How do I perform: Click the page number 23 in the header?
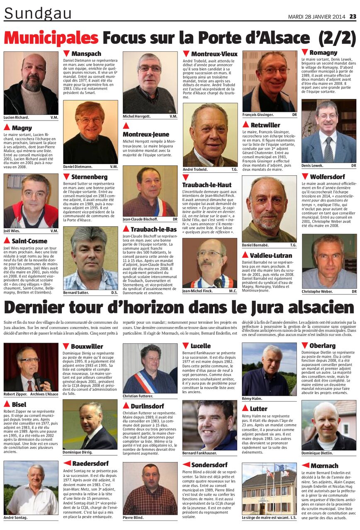(x=352, y=17)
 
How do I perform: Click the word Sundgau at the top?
(x=38, y=13)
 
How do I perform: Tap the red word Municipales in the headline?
(x=51, y=39)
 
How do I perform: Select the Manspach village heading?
(x=86, y=54)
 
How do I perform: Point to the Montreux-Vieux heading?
(x=214, y=54)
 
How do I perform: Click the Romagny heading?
(x=323, y=53)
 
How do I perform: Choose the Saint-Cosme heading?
(x=29, y=241)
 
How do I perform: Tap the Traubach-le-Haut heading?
(x=207, y=184)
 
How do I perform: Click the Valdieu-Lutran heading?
(x=271, y=255)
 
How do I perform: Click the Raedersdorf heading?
(x=90, y=463)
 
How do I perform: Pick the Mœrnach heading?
(x=324, y=465)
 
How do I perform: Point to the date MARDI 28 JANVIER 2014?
(x=316, y=17)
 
